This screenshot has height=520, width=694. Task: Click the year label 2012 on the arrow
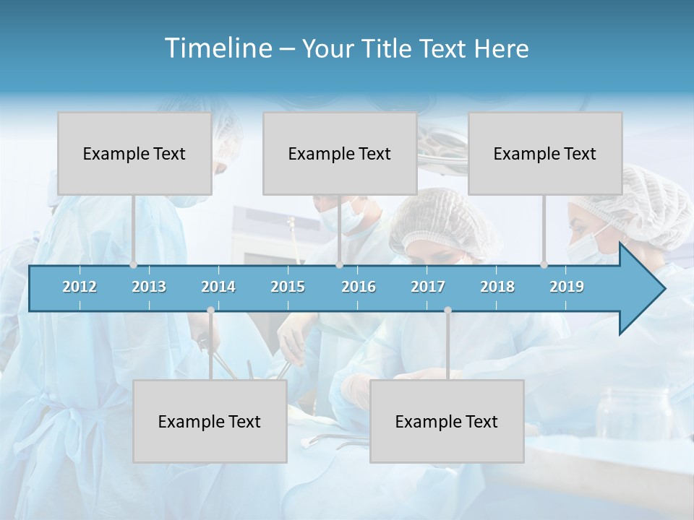click(80, 287)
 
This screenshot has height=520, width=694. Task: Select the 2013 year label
click(149, 287)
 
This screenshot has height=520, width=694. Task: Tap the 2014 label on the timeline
click(218, 287)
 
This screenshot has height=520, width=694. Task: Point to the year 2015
click(288, 287)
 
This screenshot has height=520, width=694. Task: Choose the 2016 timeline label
click(359, 287)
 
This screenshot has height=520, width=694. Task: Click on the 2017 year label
click(428, 287)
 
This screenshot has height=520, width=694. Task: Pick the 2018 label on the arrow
click(497, 287)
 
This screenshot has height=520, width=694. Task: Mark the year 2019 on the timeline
click(567, 287)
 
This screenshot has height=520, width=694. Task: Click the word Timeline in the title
click(218, 48)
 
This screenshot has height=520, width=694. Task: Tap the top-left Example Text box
click(134, 154)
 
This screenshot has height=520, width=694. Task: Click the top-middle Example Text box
click(340, 154)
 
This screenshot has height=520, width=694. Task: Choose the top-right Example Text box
click(545, 154)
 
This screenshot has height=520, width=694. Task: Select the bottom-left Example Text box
click(210, 422)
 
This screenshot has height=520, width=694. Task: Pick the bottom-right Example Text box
click(447, 422)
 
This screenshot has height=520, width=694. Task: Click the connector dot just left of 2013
click(134, 265)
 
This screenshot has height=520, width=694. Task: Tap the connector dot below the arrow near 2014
click(210, 310)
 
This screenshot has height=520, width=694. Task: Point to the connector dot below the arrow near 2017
click(447, 310)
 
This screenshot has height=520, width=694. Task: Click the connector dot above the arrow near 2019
click(544, 265)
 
